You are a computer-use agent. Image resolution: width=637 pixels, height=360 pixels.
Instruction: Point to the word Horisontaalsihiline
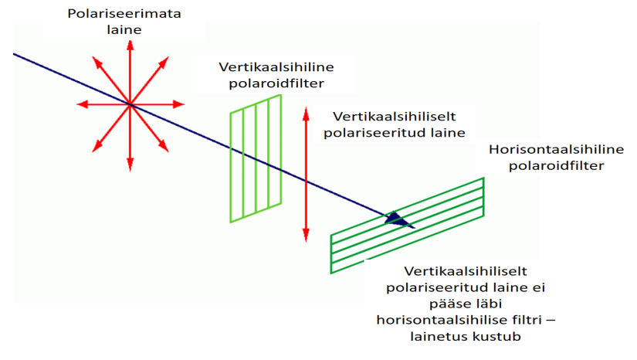(x=545, y=149)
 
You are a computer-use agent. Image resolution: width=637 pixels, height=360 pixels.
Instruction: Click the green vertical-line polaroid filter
(x=256, y=163)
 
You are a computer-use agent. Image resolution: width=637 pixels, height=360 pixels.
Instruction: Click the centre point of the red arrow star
(x=129, y=104)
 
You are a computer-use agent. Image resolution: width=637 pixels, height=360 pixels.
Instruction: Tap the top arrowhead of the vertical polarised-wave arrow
(x=307, y=110)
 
